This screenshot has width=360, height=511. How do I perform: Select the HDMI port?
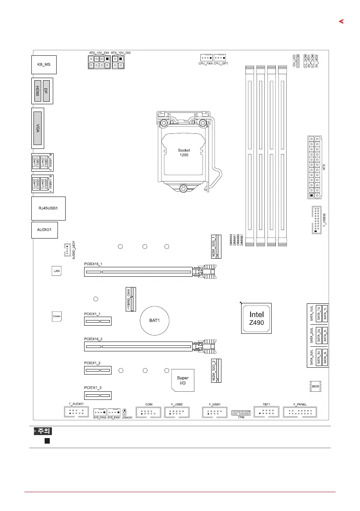(x=38, y=91)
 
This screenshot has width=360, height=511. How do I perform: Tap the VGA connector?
(x=38, y=127)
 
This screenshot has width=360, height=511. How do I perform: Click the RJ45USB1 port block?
(x=48, y=208)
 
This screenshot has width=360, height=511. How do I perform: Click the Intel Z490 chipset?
(x=255, y=317)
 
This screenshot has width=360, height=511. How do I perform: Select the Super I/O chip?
(x=182, y=379)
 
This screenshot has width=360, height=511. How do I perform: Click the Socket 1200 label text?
(x=184, y=153)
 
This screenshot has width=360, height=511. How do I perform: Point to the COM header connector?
(x=149, y=413)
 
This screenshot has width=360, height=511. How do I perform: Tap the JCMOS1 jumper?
(x=124, y=412)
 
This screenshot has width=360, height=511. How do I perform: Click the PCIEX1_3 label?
(x=93, y=388)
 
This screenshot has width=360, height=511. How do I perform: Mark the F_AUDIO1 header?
(x=76, y=413)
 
